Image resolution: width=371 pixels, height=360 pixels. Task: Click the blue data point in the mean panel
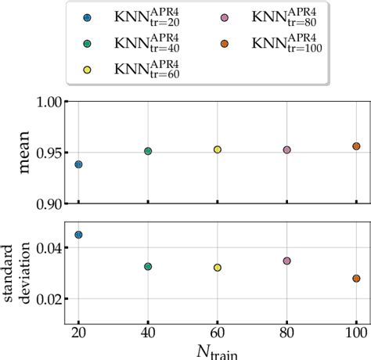click(x=78, y=164)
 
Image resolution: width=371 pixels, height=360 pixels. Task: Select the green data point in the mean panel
click(x=148, y=151)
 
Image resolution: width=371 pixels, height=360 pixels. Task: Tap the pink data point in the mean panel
click(x=286, y=149)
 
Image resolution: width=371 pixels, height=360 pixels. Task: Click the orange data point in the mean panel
click(x=356, y=146)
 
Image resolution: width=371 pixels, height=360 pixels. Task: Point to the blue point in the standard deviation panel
click(x=78, y=235)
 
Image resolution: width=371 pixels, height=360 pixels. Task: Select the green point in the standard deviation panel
click(x=148, y=267)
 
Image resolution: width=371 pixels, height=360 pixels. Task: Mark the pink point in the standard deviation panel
click(x=286, y=261)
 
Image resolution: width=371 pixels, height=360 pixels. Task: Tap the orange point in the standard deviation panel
click(x=356, y=279)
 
